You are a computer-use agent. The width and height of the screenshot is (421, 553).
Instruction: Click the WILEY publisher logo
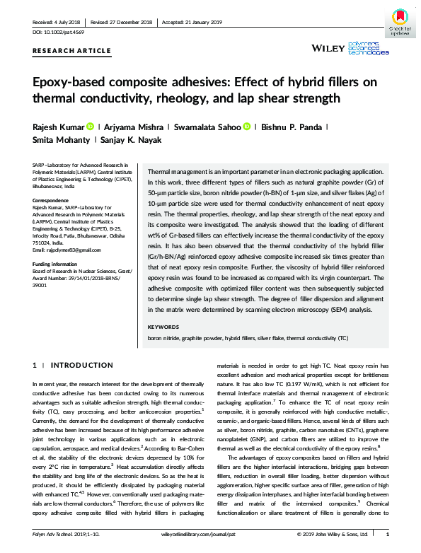point(329,48)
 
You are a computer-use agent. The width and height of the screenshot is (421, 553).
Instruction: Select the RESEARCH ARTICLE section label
point(71,51)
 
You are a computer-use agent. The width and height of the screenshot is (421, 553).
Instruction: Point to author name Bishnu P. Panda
point(279,127)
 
